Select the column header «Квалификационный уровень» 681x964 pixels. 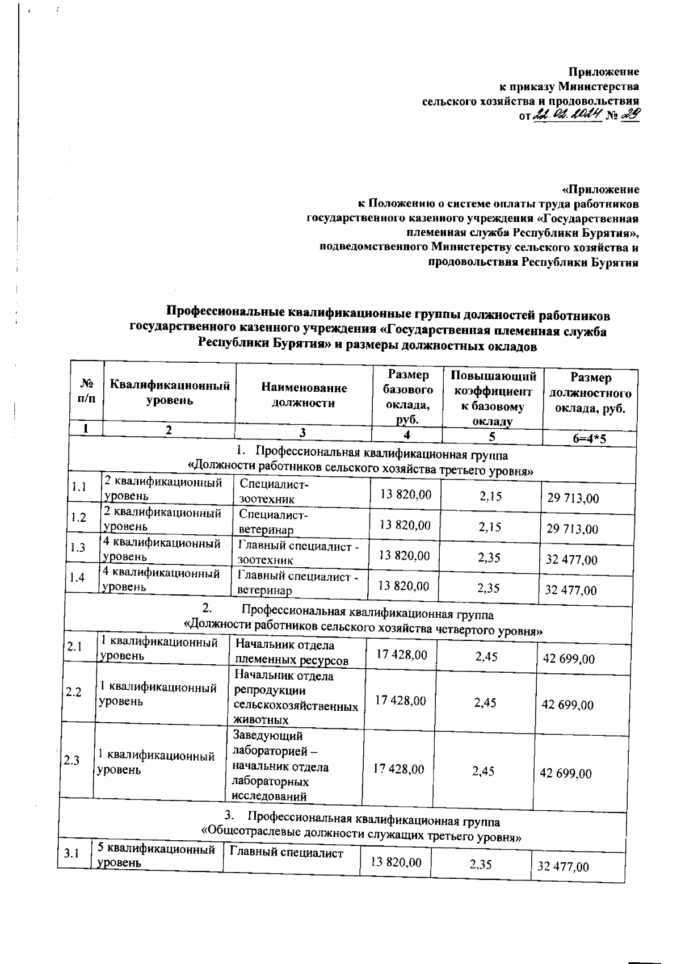[170, 393]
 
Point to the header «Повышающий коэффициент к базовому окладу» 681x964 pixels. [493, 398]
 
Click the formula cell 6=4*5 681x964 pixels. [590, 438]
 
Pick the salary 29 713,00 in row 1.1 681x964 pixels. [573, 498]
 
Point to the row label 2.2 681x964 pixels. [74, 692]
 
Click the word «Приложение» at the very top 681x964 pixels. [604, 72]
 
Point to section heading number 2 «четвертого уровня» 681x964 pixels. [363, 622]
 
